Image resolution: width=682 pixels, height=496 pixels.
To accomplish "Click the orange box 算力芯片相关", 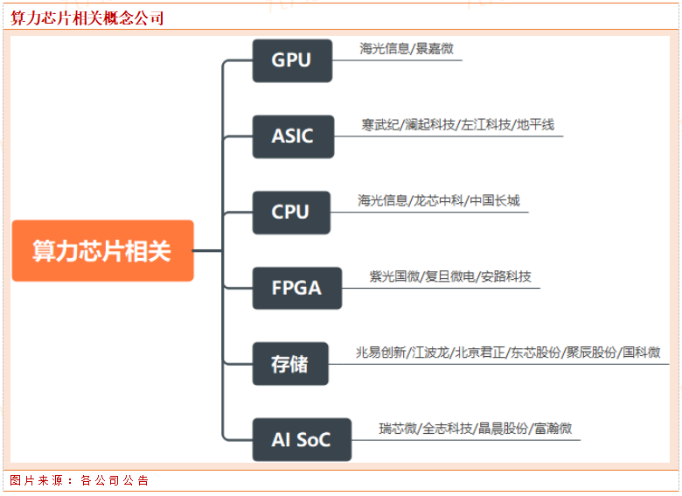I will pos(102,251).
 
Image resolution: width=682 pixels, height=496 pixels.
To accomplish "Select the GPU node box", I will pos(291,60).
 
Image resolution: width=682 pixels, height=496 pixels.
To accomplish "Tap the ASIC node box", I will pos(291,136).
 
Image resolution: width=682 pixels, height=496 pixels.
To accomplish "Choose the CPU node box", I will pos(291,213).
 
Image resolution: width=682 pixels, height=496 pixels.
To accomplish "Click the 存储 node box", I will pos(289,364).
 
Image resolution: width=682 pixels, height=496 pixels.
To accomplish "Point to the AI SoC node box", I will pos(301,439).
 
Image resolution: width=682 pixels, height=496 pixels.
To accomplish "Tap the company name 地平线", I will pos(535,125).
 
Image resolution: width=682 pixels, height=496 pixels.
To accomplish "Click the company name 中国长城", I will pos(494,200).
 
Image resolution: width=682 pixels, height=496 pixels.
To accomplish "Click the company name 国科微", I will pos(641,353).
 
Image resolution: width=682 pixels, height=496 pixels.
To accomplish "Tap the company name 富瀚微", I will pos(553,428).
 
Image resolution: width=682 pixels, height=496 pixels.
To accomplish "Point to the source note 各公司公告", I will pos(115,480).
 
